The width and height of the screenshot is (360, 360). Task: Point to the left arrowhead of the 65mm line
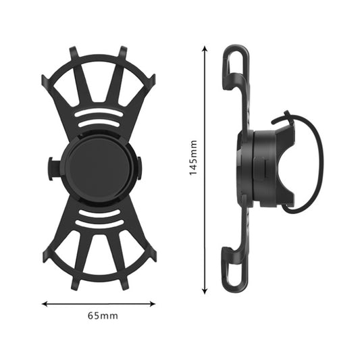click(x=45, y=303)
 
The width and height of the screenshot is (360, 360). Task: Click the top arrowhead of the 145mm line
click(x=205, y=49)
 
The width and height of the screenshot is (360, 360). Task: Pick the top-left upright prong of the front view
click(x=73, y=53)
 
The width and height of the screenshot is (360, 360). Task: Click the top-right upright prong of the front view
click(x=124, y=53)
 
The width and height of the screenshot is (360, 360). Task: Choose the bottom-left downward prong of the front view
click(x=74, y=284)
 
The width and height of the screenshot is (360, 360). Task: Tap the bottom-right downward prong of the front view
click(x=124, y=284)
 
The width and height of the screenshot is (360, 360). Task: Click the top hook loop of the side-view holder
click(x=232, y=64)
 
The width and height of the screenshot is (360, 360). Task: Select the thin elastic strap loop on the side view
click(x=316, y=162)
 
